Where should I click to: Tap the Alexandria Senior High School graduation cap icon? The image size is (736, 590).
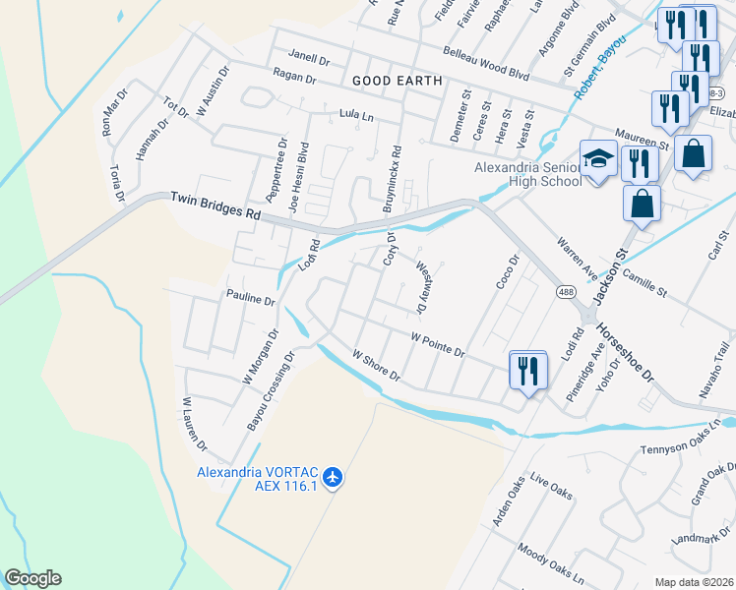pos(597,157)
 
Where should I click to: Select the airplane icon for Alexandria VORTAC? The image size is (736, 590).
pos(334,477)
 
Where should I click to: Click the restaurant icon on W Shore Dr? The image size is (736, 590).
pos(527,370)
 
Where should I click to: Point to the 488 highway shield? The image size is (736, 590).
pos(566,292)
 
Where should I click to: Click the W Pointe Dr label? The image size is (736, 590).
pos(437,345)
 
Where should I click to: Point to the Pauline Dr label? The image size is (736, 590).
pos(251,296)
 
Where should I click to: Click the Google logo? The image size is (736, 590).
pos(32,578)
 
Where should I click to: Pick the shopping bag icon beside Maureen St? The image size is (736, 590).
pos(693,153)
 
